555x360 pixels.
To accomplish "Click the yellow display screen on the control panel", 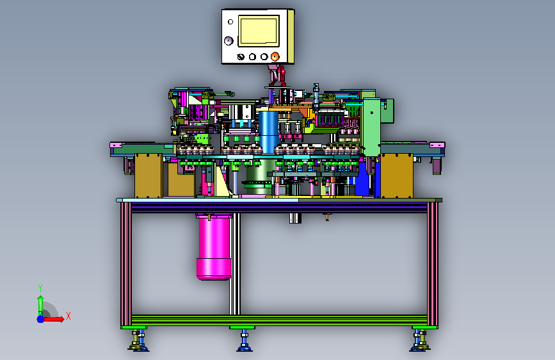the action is tap(259, 31).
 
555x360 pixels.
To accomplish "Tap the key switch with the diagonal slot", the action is tap(241, 57).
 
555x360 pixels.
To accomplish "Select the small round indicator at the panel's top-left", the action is tap(230, 22).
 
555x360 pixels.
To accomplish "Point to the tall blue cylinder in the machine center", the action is tap(268, 132).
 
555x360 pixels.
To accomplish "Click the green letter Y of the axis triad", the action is tap(40, 288).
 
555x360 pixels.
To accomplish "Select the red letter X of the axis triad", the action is tap(68, 316).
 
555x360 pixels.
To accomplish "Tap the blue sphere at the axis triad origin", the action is tap(41, 319).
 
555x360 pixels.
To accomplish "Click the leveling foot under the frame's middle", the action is tap(245, 341).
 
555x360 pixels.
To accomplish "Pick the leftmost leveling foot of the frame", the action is tap(138, 341).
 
